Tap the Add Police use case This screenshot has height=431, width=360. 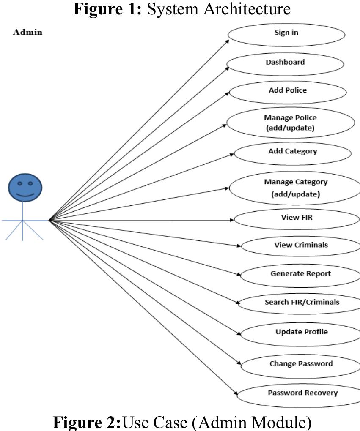[287, 91]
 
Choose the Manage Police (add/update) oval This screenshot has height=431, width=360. [290, 123]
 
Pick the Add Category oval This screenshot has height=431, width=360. [292, 153]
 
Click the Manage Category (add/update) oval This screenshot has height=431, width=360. [295, 188]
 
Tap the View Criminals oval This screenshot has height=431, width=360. [300, 246]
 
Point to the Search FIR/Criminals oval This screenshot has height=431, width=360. [302, 303]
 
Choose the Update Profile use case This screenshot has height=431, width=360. [301, 333]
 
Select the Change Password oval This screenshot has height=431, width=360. [301, 364]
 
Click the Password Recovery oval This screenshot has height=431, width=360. [302, 394]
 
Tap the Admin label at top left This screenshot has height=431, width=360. [28, 33]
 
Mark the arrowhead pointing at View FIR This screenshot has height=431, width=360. [231, 220]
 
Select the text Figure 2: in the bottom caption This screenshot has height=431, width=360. [87, 422]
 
